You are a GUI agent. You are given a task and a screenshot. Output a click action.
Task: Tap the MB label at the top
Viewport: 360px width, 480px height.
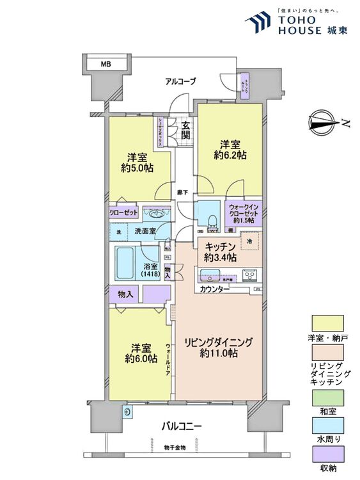[106, 63]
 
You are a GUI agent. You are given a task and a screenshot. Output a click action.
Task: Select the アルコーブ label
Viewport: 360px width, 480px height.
[180, 81]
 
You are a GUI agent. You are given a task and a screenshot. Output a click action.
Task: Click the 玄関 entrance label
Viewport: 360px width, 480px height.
[185, 131]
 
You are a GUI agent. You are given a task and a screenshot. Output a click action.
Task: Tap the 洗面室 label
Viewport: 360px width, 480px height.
[145, 230]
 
